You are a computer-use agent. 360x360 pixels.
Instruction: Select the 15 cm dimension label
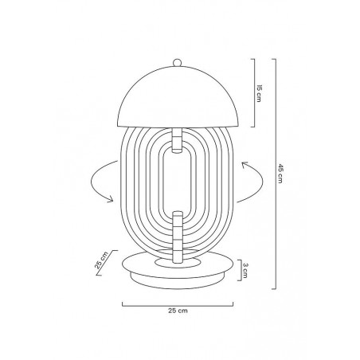coord(259,93)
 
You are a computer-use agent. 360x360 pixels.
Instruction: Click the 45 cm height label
coord(280,174)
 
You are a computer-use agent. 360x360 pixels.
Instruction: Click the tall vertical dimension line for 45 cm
coord(274,174)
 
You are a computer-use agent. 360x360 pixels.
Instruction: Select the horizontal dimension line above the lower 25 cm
coord(180,303)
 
